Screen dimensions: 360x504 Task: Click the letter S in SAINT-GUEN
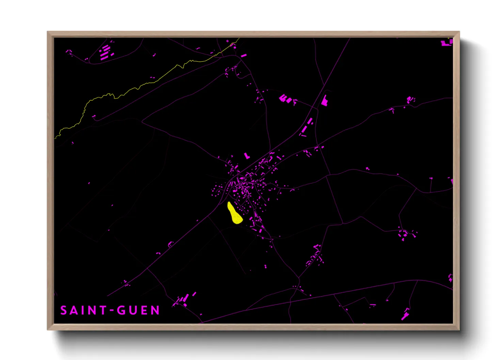point(64,310)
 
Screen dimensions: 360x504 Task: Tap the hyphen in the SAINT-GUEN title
point(111,310)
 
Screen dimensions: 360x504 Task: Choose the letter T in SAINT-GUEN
point(103,310)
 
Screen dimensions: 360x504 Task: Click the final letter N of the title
point(156,310)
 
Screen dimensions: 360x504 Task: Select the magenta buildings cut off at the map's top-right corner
point(447,43)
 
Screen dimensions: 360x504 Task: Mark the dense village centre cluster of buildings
point(243,185)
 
